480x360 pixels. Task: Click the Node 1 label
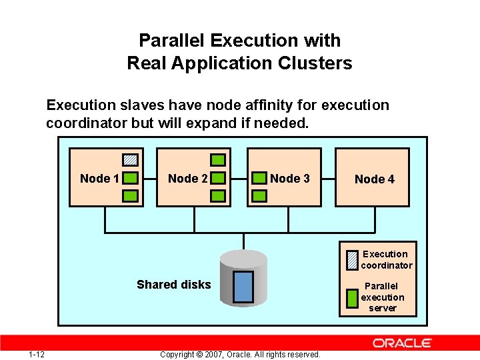[99, 179]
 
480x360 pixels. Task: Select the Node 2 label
[187, 179]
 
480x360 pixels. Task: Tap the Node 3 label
[290, 179]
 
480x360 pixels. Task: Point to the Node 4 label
[374, 179]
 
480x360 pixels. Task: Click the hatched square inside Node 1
[131, 160]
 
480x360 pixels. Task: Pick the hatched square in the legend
[352, 259]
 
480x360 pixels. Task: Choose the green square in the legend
[352, 297]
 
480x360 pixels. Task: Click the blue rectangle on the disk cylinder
[243, 286]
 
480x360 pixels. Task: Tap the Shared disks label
[173, 285]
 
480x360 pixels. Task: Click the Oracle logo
[403, 343]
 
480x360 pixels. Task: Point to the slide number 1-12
[37, 353]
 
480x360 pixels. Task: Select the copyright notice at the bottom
[240, 354]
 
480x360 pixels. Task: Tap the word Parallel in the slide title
[172, 41]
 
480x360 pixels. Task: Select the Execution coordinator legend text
[386, 259]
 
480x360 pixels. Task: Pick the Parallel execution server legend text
[383, 297]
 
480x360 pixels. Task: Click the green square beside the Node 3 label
[259, 179]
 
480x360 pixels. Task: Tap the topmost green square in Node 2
[218, 160]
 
